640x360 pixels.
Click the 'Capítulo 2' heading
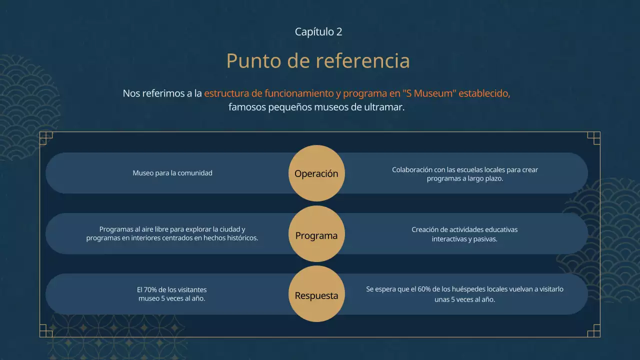tap(318, 32)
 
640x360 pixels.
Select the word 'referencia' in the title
tap(362, 61)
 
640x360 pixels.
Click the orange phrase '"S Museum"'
tap(429, 93)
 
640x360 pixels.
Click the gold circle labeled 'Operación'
tap(316, 173)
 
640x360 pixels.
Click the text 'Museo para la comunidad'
tap(172, 173)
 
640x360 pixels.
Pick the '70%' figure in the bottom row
tap(150, 290)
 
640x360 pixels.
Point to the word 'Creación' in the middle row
tap(426, 230)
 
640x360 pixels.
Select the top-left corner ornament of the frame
tap(45, 138)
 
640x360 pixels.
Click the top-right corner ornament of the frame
tap(593, 138)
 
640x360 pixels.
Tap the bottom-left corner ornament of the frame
tap(45, 330)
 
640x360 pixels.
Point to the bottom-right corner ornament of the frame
tap(593, 330)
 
